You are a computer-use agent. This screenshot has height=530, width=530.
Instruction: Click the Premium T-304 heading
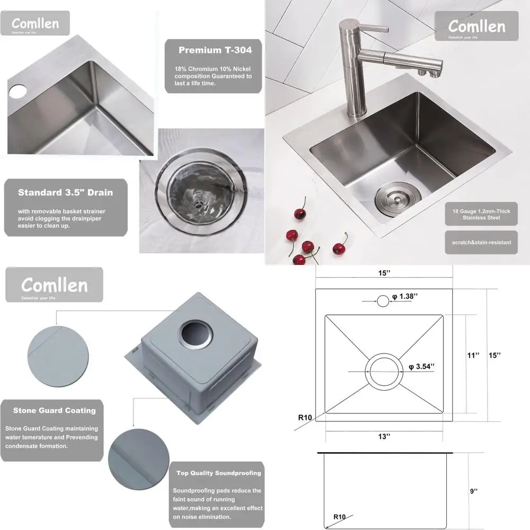[x=215, y=50]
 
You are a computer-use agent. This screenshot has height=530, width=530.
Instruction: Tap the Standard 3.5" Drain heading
[x=65, y=192]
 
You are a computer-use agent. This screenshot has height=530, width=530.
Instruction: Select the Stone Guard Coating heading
[x=55, y=410]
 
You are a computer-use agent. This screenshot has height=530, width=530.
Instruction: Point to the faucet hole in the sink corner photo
[x=17, y=91]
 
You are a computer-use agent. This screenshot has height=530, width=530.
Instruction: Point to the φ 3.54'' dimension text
[x=422, y=366]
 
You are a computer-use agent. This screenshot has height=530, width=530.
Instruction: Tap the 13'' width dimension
[x=384, y=436]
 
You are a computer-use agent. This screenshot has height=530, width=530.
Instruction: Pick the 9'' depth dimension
[x=474, y=491]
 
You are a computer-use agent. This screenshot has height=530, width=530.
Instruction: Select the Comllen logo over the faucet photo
[x=476, y=25]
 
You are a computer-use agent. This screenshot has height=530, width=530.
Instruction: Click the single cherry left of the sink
[x=299, y=213]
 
